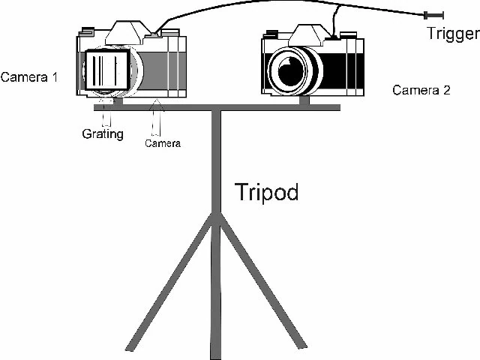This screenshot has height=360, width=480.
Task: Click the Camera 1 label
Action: click(x=29, y=77)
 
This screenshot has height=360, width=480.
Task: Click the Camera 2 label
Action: click(x=421, y=90)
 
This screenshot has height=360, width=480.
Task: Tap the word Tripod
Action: click(x=267, y=192)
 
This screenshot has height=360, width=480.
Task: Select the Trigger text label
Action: click(x=453, y=34)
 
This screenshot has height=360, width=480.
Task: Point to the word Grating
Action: click(x=103, y=133)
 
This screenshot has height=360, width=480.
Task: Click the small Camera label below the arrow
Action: click(x=163, y=143)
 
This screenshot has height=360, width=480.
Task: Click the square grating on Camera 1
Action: click(x=106, y=70)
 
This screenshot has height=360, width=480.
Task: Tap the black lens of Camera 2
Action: click(x=291, y=71)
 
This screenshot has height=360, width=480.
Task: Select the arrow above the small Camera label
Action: click(x=156, y=117)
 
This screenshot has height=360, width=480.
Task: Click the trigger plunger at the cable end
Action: click(x=433, y=15)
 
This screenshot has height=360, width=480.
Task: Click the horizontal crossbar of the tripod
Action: click(x=217, y=107)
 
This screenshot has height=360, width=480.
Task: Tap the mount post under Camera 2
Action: click(x=304, y=100)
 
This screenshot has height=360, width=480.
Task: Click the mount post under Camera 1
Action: click(x=118, y=101)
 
